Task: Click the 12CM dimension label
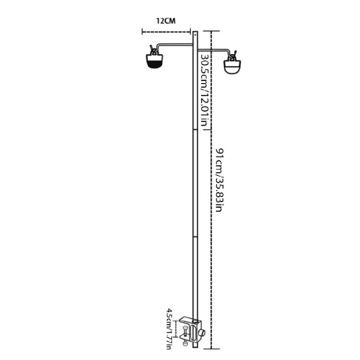(x=166, y=21)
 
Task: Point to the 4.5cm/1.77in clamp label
(x=170, y=329)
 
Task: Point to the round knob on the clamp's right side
(x=204, y=333)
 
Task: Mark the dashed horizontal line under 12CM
(x=166, y=32)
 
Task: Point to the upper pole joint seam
(x=195, y=130)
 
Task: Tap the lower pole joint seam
(x=195, y=236)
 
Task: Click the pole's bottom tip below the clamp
(x=195, y=347)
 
